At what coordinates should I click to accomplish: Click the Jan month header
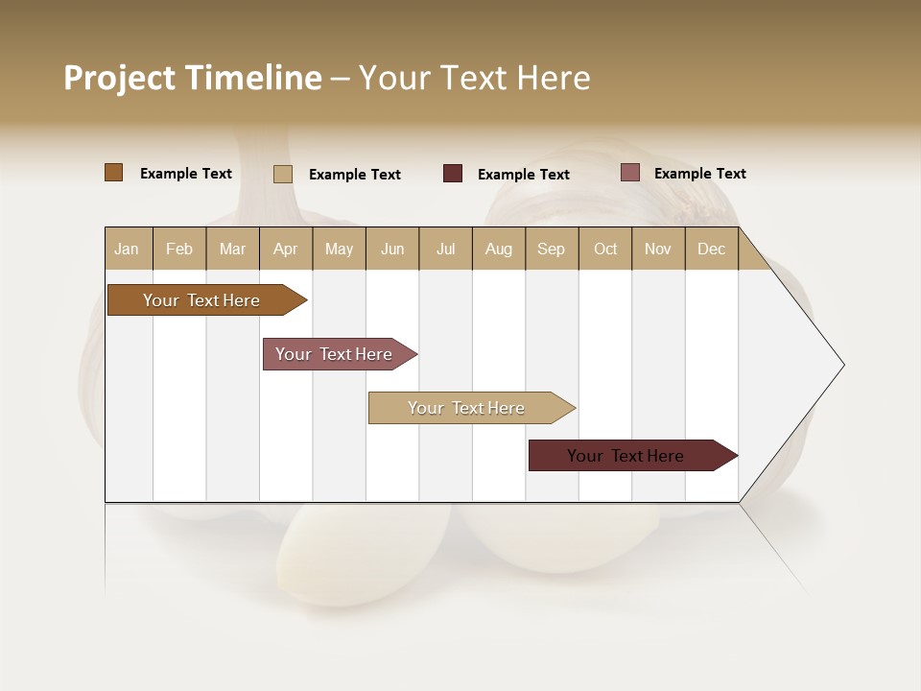tap(127, 249)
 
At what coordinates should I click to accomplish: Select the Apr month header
tap(285, 249)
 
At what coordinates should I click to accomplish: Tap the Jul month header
tap(445, 249)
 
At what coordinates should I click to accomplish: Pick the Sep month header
tap(551, 249)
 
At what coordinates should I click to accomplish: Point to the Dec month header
tap(711, 249)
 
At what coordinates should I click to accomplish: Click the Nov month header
tap(657, 249)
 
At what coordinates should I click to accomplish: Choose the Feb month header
tap(179, 249)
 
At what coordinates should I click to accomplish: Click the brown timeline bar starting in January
tap(201, 300)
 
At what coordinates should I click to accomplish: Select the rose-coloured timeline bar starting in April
tap(334, 354)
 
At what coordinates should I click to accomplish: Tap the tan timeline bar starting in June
tap(466, 408)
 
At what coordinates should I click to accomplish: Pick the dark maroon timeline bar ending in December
tap(626, 456)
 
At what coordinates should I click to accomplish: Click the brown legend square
tap(113, 173)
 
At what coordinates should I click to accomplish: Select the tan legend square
tap(282, 174)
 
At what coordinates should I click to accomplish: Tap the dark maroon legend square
tap(452, 174)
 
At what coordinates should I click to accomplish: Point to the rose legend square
tap(629, 173)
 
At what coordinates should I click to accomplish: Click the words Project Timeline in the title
tap(192, 78)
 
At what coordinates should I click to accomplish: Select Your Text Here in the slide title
tap(474, 78)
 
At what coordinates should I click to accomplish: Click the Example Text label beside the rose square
tap(699, 174)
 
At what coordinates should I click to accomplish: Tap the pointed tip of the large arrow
tap(841, 365)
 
